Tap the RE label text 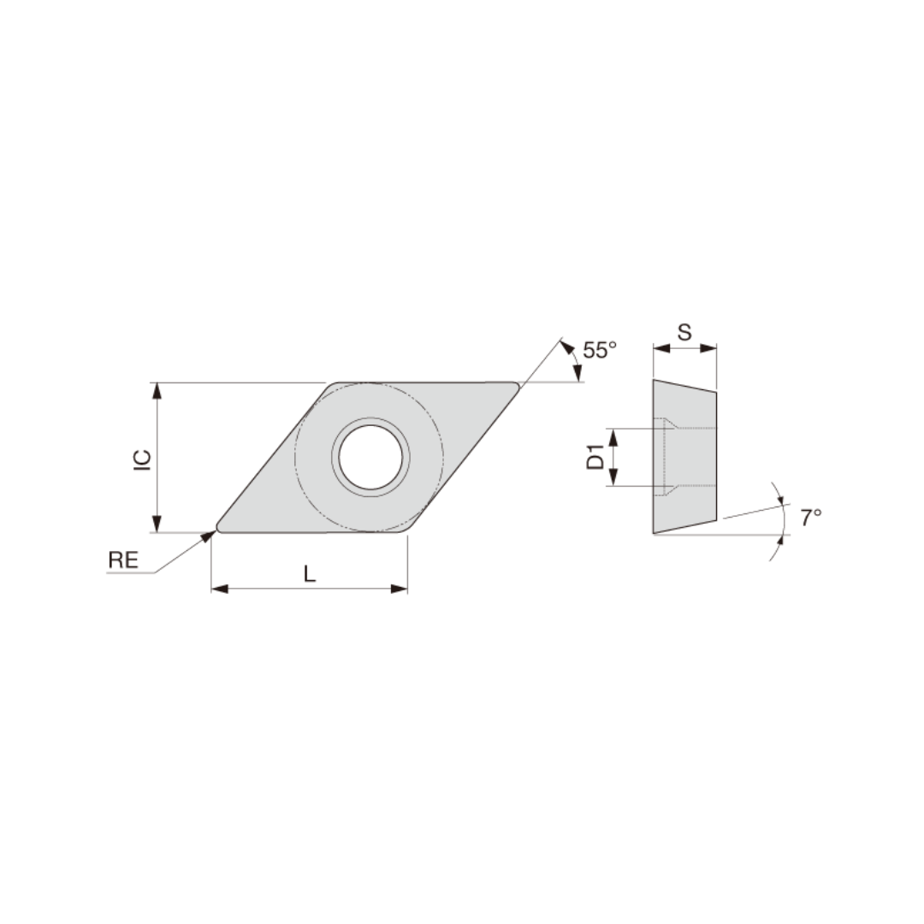[x=122, y=560]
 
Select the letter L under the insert [x=310, y=575]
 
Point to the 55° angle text [x=600, y=350]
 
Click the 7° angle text [x=811, y=517]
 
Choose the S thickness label [x=684, y=333]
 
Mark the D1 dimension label [x=595, y=457]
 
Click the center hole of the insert [x=370, y=456]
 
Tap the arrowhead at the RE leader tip [x=209, y=536]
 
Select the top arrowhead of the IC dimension [x=157, y=391]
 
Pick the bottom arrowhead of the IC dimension [x=157, y=524]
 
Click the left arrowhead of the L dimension [x=220, y=589]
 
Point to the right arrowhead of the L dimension [x=399, y=589]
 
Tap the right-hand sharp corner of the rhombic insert [x=517, y=387]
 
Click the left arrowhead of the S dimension [x=660, y=348]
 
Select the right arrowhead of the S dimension [x=708, y=348]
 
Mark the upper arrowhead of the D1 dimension [x=613, y=437]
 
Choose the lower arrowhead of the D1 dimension [x=613, y=477]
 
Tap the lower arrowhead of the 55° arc [x=577, y=374]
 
